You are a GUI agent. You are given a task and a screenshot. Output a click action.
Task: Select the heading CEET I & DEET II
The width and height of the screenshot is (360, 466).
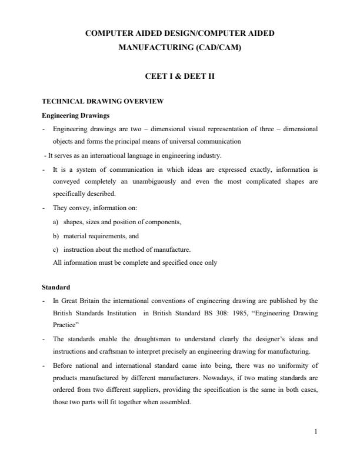click(x=179, y=76)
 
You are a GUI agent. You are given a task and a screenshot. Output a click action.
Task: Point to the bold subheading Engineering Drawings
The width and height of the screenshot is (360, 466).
click(x=71, y=115)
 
